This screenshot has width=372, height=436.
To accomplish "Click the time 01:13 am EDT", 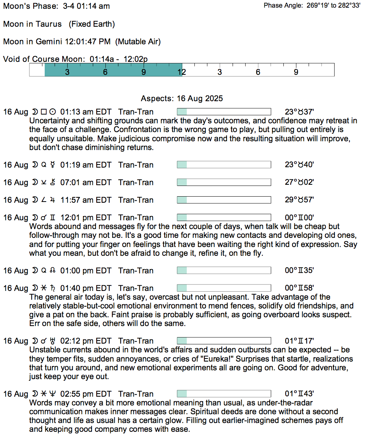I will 86,112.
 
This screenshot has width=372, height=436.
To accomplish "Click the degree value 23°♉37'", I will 299,112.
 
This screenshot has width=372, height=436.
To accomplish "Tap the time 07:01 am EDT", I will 86,182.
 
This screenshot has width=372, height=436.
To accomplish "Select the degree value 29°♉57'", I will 299,200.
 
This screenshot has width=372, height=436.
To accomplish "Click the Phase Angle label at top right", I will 283,6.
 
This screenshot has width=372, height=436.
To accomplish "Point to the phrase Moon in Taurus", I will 32,24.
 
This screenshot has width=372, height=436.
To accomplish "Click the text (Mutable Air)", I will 138,42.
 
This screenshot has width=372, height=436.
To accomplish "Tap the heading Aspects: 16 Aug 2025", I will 182,99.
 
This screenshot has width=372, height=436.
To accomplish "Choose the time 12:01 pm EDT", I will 86,218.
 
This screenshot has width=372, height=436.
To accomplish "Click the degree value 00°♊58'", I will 299,288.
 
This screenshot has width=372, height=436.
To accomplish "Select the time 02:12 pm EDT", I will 86,341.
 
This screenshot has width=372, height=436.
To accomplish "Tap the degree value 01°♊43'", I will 299,394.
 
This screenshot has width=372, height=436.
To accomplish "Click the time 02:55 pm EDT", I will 86,394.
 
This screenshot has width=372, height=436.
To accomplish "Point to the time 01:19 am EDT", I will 86,165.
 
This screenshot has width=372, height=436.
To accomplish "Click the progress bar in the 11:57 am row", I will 224,200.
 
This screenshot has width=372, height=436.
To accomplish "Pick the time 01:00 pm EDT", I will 86,271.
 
